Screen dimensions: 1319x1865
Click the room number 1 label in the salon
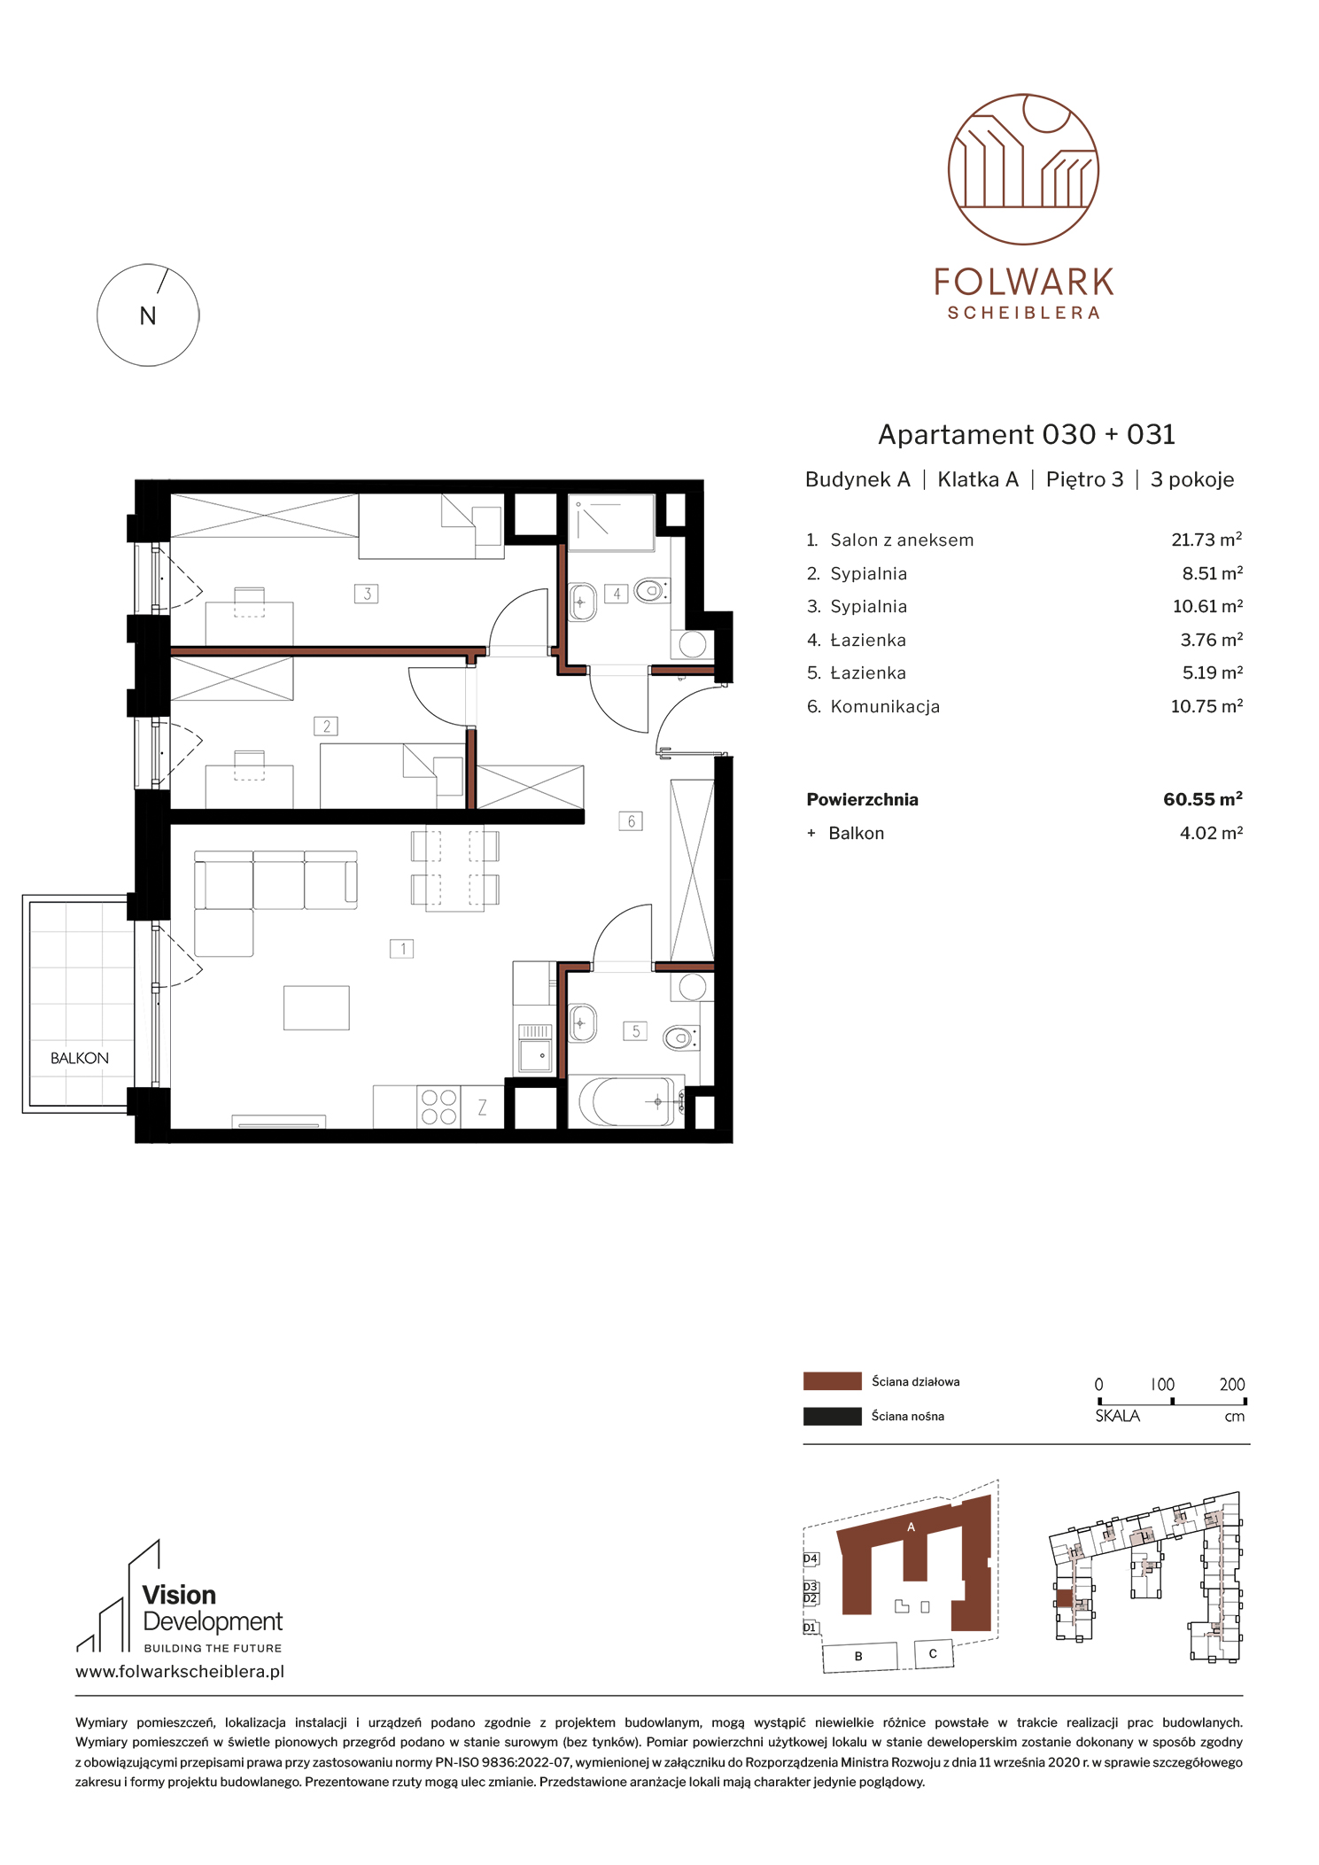click(402, 949)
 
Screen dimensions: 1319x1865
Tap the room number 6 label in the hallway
click(631, 821)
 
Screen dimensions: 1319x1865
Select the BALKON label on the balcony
click(80, 1058)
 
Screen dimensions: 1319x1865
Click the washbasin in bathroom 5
click(582, 1024)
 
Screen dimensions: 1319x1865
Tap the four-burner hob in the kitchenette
click(438, 1107)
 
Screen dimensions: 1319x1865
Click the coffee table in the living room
click(316, 1008)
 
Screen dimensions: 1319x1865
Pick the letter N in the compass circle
click(148, 316)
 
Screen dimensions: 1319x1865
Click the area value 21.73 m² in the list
click(1206, 540)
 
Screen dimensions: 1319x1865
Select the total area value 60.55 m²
click(1203, 799)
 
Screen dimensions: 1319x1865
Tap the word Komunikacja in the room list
click(885, 706)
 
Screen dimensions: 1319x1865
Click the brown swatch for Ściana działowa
click(832, 1381)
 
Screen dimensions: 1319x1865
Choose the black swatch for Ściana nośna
click(832, 1416)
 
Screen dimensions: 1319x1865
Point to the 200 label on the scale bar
click(1232, 1384)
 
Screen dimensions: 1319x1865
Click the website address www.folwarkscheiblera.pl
click(180, 1672)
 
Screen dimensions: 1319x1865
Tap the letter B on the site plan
click(858, 1656)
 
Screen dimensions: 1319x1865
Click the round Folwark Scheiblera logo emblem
click(1023, 169)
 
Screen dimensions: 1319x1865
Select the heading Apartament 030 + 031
click(1027, 434)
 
